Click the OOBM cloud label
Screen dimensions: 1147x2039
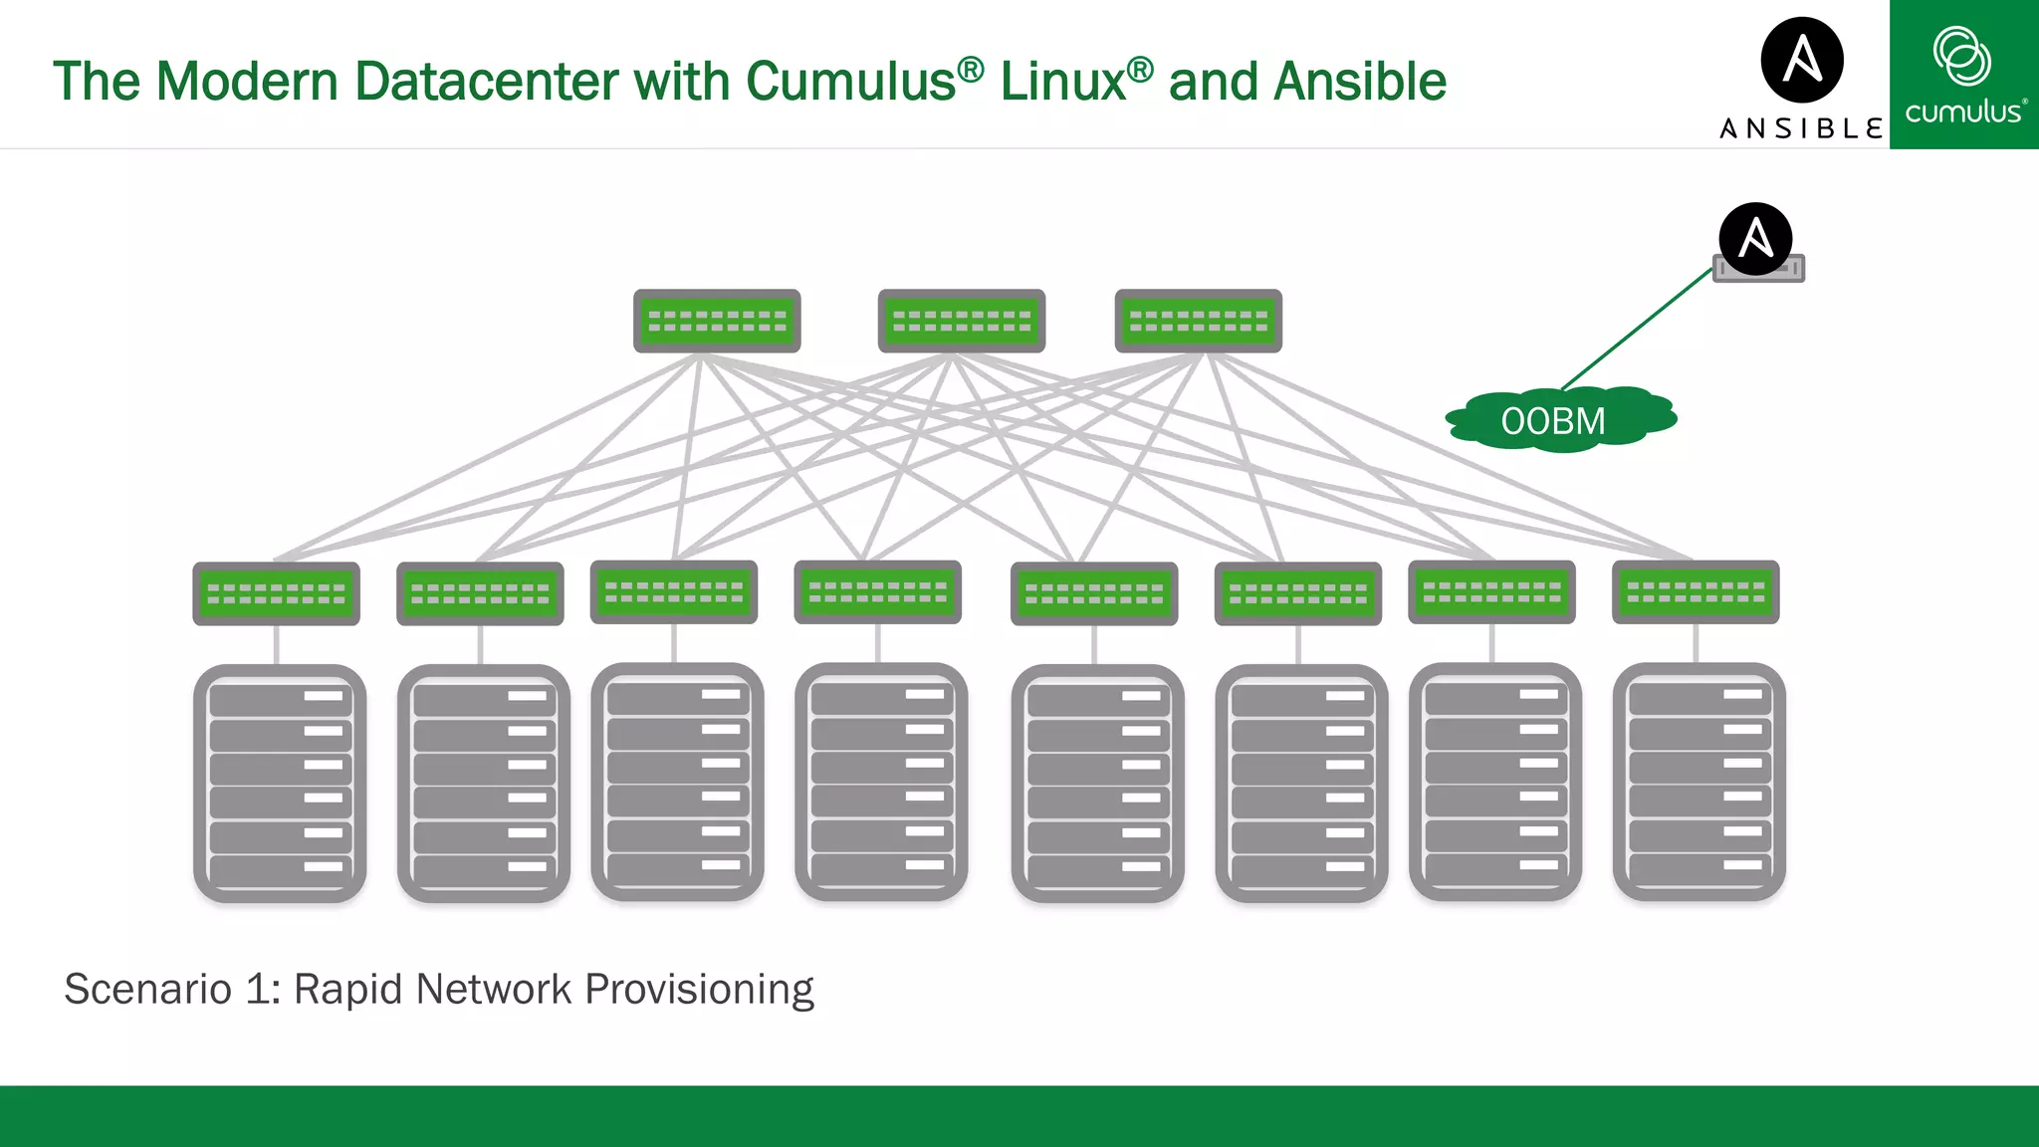click(x=1553, y=421)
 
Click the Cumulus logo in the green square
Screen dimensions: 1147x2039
click(x=1963, y=75)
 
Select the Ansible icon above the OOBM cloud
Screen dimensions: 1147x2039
click(x=1755, y=237)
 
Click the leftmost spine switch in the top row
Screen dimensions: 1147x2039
click(x=717, y=321)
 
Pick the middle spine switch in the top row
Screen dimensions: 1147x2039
click(x=961, y=321)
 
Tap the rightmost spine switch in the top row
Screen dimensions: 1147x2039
click(x=1198, y=321)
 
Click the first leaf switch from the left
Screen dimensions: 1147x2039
click(x=276, y=593)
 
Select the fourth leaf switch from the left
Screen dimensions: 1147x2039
click(x=877, y=592)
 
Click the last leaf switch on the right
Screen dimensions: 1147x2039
click(x=1696, y=592)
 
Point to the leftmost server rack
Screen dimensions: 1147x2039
click(x=280, y=783)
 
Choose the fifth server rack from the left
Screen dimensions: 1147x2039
click(x=1097, y=783)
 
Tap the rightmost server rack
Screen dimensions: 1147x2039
click(x=1699, y=782)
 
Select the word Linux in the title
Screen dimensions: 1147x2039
click(x=1062, y=82)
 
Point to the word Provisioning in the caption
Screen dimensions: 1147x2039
click(x=699, y=990)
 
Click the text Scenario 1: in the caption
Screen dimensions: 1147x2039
click(x=171, y=990)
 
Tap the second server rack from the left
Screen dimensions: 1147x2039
click(x=483, y=783)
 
